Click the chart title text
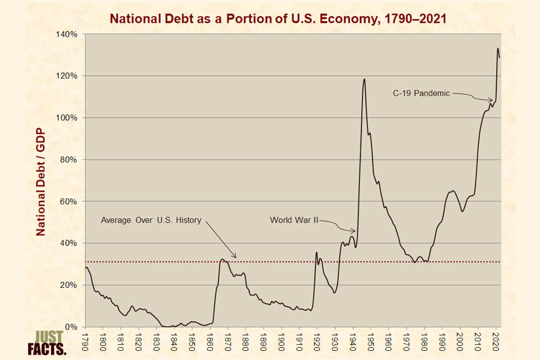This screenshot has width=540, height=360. point(278,19)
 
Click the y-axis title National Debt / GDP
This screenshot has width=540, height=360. point(40,182)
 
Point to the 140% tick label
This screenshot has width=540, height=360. point(67,34)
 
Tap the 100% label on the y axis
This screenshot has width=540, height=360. point(67,117)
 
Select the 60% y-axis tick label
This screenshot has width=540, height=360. point(69,201)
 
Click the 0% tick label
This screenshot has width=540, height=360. point(71,327)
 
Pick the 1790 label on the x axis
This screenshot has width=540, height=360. point(85,342)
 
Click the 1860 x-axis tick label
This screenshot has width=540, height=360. point(210,342)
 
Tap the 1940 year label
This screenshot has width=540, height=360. point(353,342)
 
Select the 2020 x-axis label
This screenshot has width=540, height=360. point(495,342)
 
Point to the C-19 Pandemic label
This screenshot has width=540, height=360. point(421,93)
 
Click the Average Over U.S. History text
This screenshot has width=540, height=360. point(151,220)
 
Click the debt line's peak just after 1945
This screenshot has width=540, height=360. point(364,79)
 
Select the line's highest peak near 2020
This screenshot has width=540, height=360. point(498,48)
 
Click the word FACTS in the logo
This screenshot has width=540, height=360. point(47,349)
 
